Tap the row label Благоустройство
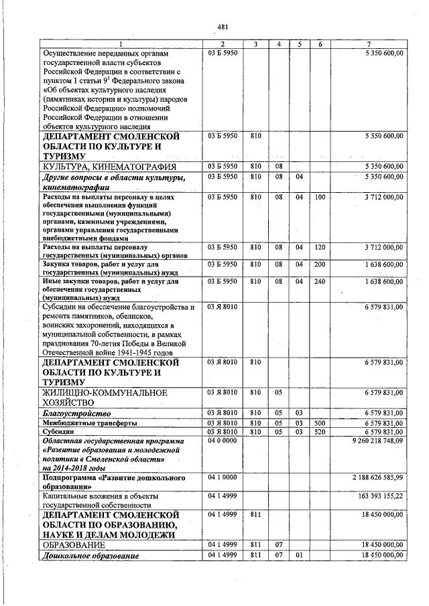coord(76,413)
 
